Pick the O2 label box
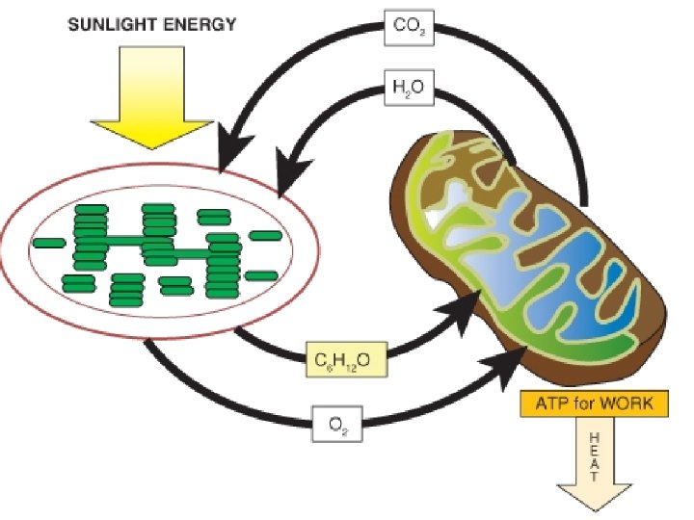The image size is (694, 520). click(337, 423)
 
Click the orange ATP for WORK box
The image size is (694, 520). click(593, 403)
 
